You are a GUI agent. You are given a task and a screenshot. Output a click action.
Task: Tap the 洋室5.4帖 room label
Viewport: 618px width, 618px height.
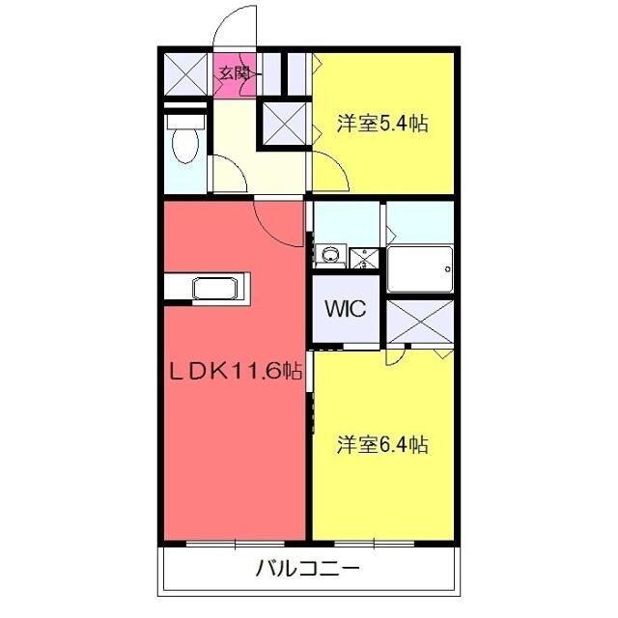[382, 124]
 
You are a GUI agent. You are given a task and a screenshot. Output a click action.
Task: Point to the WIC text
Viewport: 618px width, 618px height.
[344, 310]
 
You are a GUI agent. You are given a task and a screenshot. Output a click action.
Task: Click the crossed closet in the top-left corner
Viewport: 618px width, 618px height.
[184, 74]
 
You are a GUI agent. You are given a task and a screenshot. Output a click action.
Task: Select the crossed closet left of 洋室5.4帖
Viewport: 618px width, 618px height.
[284, 124]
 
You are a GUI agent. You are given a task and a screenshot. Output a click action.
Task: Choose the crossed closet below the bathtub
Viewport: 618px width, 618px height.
[420, 321]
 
